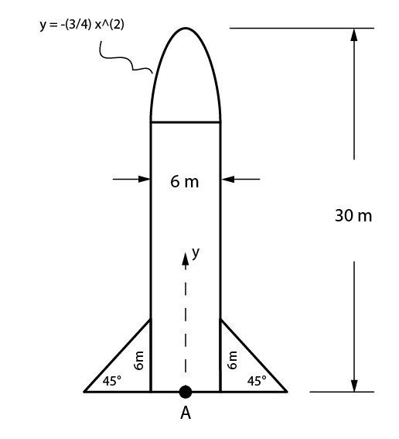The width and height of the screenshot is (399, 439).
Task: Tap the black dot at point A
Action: (x=186, y=392)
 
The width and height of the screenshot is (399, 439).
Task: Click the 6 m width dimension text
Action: (x=185, y=182)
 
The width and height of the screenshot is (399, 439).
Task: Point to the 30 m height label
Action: (x=353, y=215)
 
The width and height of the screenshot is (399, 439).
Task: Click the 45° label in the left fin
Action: (x=113, y=380)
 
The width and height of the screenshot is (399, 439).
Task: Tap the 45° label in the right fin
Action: (x=257, y=380)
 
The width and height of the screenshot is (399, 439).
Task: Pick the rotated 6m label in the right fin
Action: (x=231, y=359)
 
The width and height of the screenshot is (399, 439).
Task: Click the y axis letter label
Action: (x=196, y=252)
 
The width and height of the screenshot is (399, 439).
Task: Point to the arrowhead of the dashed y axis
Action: (x=185, y=257)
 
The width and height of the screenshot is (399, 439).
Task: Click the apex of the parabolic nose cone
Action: (x=185, y=29)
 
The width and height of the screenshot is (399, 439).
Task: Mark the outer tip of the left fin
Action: (x=85, y=392)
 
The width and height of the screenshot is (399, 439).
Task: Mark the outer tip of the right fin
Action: (x=286, y=392)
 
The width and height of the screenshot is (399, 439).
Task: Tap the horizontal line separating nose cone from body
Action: (x=186, y=122)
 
